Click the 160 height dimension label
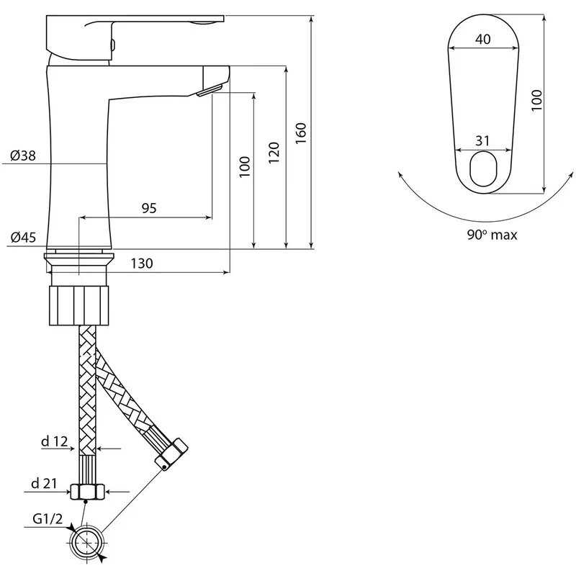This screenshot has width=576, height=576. pos(300,133)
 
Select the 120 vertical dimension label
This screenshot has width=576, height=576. pos(274,153)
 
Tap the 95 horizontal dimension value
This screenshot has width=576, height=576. pos(149,208)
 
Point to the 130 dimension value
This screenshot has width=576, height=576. pos(142,264)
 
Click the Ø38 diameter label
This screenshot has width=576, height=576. pos(23,156)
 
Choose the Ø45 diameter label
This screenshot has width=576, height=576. pos(24,238)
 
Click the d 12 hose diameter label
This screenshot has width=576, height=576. pos(55,441)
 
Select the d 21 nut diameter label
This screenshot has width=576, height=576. pos(44,483)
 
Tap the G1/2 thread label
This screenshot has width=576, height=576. pos(48,519)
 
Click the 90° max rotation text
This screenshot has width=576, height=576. pos(492,235)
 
